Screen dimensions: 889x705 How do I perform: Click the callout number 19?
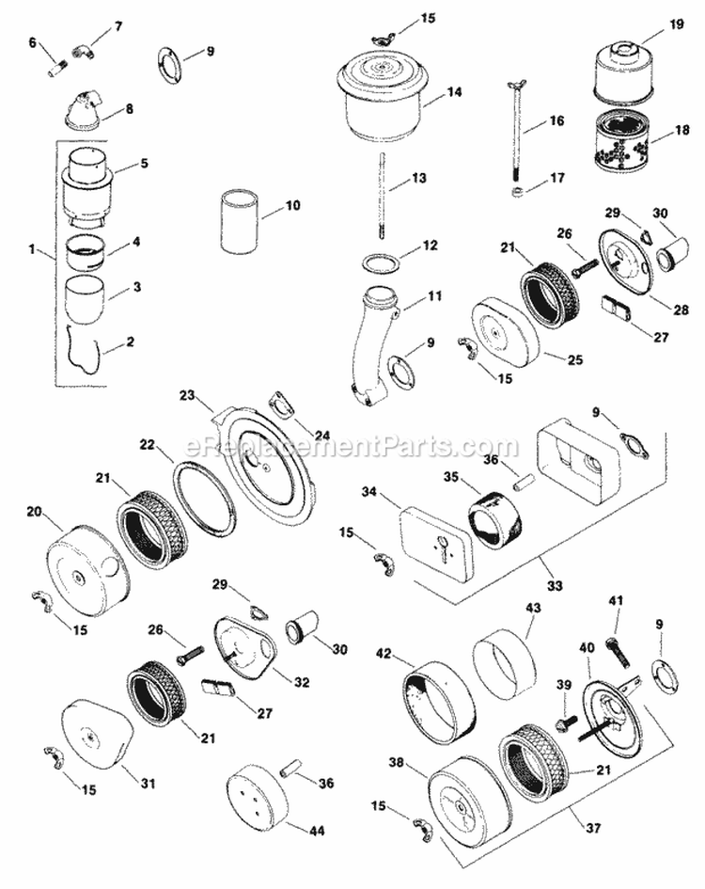[x=677, y=29]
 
